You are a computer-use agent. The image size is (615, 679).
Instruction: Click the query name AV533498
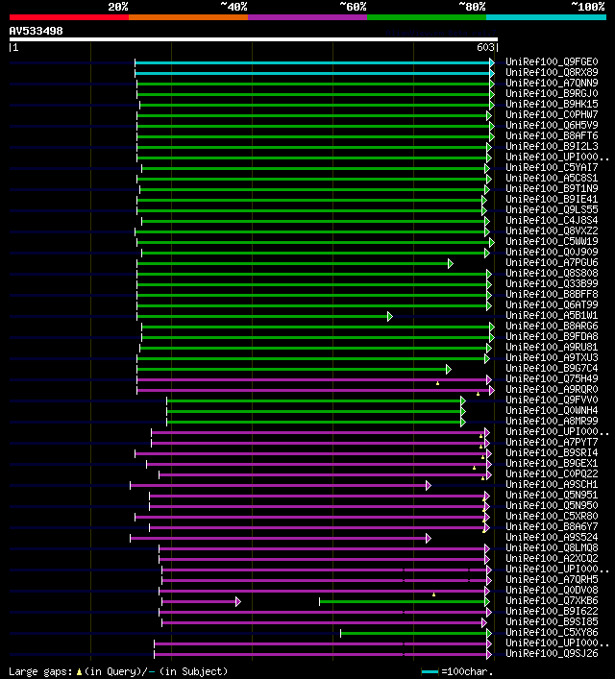37,31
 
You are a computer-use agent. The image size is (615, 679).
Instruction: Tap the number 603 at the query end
485,47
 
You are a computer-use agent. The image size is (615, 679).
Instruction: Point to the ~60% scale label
353,7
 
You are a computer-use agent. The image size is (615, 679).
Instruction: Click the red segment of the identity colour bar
68,16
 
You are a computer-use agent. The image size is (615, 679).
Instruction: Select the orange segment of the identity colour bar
187,16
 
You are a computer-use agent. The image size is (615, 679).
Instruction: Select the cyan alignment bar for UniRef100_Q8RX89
312,72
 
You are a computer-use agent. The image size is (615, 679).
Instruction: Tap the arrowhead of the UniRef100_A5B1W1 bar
390,316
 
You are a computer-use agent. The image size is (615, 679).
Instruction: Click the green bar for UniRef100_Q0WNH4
314,411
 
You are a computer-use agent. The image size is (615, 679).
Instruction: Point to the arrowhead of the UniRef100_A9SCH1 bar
429,485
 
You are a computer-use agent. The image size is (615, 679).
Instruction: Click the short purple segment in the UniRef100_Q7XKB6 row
199,601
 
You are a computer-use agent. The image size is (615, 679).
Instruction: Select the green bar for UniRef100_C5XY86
413,633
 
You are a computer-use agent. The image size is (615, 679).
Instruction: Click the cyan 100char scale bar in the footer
430,671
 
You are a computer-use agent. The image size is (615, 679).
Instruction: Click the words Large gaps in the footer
39,671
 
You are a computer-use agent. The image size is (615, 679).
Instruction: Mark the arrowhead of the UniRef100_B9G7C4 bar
449,369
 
